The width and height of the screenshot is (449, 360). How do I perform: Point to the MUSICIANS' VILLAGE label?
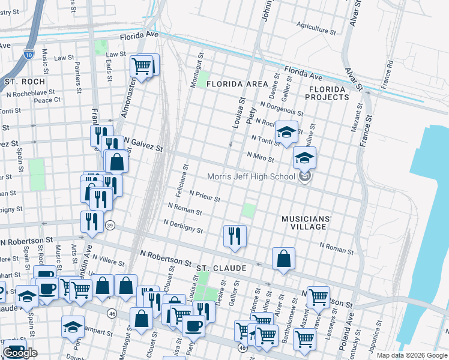pos(305,223)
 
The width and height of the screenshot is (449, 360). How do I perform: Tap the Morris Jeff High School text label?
pos(252,176)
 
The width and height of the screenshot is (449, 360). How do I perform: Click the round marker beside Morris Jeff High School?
pos(305,176)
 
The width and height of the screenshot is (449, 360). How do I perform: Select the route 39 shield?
pos(109,225)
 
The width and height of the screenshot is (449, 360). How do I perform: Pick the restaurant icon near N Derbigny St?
pos(235,235)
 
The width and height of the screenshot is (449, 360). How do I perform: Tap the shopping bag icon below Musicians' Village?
pos(283,259)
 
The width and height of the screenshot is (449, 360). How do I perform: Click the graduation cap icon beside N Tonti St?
pos(286,132)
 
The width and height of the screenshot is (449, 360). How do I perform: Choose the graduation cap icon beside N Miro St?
pos(304,158)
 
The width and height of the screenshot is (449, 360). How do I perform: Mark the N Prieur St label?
pos(205,196)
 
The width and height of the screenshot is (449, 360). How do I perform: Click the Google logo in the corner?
pos(20,353)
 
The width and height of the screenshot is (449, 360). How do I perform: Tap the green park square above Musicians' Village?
pos(248,211)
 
